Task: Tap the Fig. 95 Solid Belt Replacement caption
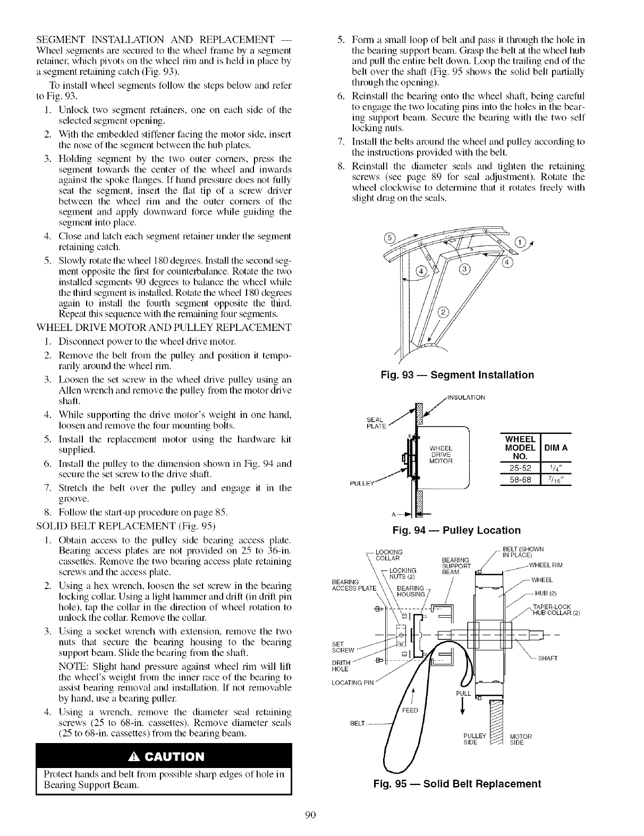point(456,784)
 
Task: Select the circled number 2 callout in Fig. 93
point(442,312)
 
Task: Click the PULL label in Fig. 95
point(463,694)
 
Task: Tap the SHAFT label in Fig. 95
point(549,658)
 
